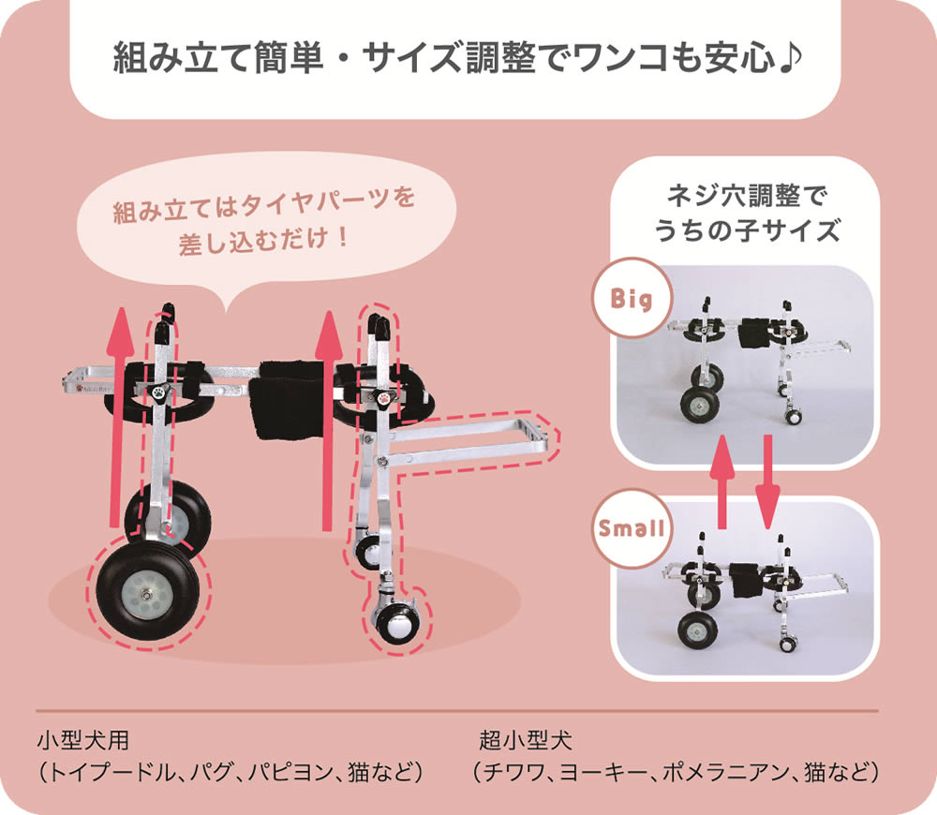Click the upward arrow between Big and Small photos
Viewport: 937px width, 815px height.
(x=721, y=482)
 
